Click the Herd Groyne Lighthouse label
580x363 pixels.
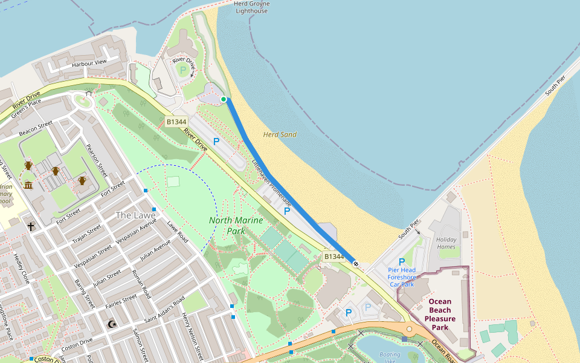click(x=251, y=7)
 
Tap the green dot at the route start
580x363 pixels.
click(x=224, y=99)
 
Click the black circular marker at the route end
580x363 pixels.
click(x=356, y=263)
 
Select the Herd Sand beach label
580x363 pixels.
click(x=280, y=134)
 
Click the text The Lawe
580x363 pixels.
click(x=135, y=215)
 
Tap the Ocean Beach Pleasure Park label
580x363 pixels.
click(x=440, y=314)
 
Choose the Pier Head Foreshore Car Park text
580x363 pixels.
click(x=401, y=277)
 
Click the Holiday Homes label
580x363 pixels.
click(x=446, y=243)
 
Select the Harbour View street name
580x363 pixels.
click(x=89, y=62)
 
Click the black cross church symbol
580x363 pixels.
click(x=31, y=226)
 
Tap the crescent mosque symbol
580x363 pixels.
click(x=111, y=325)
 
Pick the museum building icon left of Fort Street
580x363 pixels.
click(x=28, y=185)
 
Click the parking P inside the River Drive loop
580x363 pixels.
click(x=183, y=71)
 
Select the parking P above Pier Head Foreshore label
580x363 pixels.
click(x=402, y=261)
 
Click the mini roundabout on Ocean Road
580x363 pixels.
click(x=409, y=329)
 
